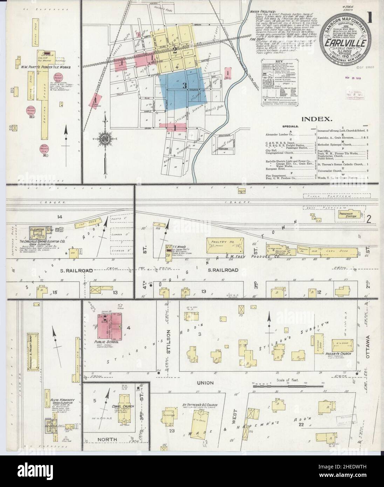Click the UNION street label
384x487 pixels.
tap(207, 383)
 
